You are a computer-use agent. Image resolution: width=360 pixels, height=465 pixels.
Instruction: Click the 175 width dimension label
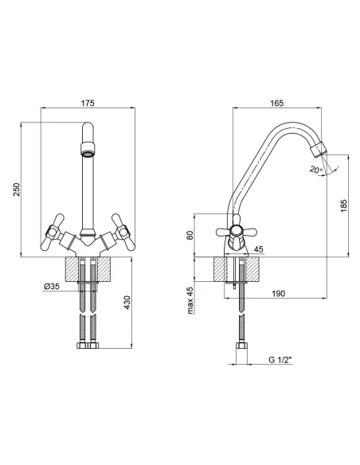coord(88,103)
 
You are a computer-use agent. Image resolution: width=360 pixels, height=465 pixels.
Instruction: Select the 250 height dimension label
coord(17,190)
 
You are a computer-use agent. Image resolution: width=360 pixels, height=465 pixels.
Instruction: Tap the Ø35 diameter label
coord(52,286)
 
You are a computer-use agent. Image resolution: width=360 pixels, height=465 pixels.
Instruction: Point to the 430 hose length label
coord(127,303)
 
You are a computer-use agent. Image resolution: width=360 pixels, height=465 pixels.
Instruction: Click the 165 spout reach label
coord(276,103)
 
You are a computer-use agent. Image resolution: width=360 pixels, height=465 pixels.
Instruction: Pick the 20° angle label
coord(316,170)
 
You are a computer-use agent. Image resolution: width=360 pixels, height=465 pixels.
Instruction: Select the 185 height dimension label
coord(343,205)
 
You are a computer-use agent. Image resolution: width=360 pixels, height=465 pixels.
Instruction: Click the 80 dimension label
coord(190,235)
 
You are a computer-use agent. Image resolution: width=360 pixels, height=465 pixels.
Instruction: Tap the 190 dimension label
coord(278,293)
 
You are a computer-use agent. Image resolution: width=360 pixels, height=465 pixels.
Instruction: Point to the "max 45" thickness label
coord(190,300)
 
